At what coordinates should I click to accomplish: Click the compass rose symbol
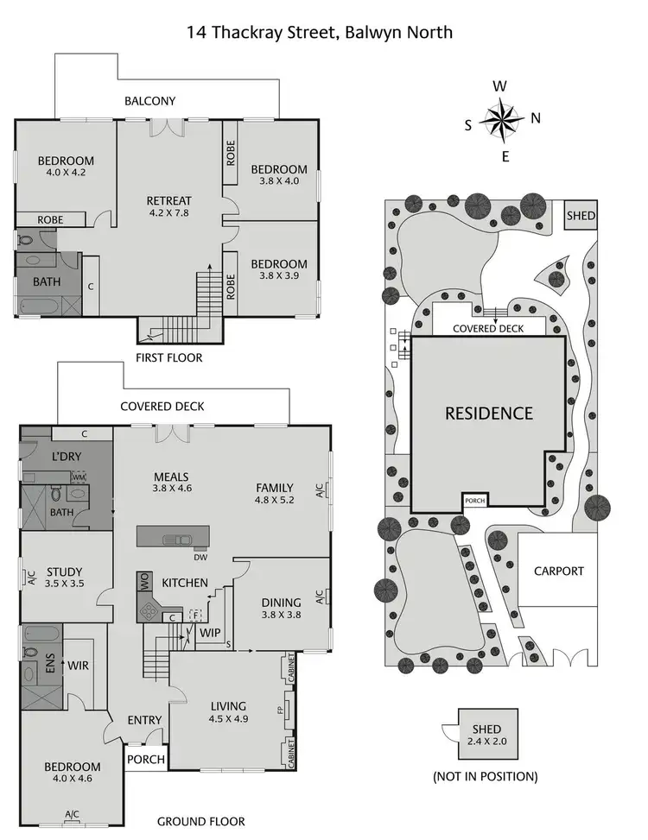pos(500,120)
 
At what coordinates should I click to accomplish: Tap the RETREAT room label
pos(168,201)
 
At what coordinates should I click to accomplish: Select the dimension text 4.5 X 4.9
pos(228,717)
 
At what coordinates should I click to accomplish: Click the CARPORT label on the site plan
pos(558,571)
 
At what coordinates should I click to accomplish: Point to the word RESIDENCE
pos(489,413)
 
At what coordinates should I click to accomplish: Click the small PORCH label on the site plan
pos(474,500)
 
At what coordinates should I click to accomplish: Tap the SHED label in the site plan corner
pos(581,215)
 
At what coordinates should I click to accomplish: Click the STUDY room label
pos(65,571)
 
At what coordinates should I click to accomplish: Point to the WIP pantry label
pos(209,632)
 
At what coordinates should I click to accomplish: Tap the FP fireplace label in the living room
pos(280,711)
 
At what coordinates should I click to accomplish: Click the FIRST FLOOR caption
pos(169,357)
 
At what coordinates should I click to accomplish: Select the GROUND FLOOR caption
pos(200,822)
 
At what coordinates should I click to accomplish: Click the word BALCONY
pos(149,101)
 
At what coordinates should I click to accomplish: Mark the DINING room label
pos(282,603)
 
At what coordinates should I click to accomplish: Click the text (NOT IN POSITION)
pos(485,776)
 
